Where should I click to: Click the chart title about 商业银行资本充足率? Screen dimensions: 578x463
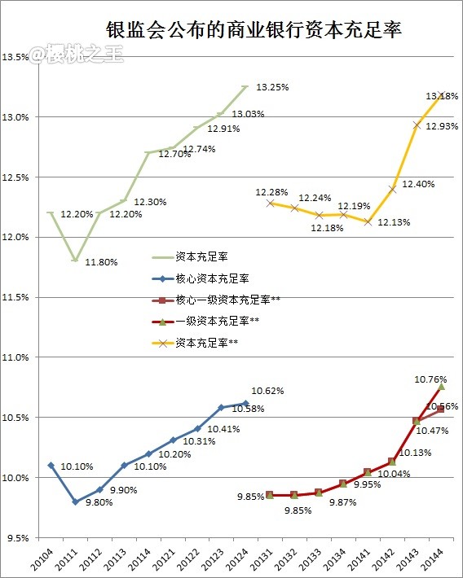coord(254,30)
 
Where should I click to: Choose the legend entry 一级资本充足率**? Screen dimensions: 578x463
coord(217,322)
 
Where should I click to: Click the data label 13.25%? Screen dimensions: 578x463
coord(272,86)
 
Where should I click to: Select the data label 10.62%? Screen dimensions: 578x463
coord(267,391)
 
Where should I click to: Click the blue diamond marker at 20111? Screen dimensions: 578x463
coord(75,501)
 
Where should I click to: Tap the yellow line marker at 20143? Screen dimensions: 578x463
coord(417,125)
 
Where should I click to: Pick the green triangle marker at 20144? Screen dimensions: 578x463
coord(441,386)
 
